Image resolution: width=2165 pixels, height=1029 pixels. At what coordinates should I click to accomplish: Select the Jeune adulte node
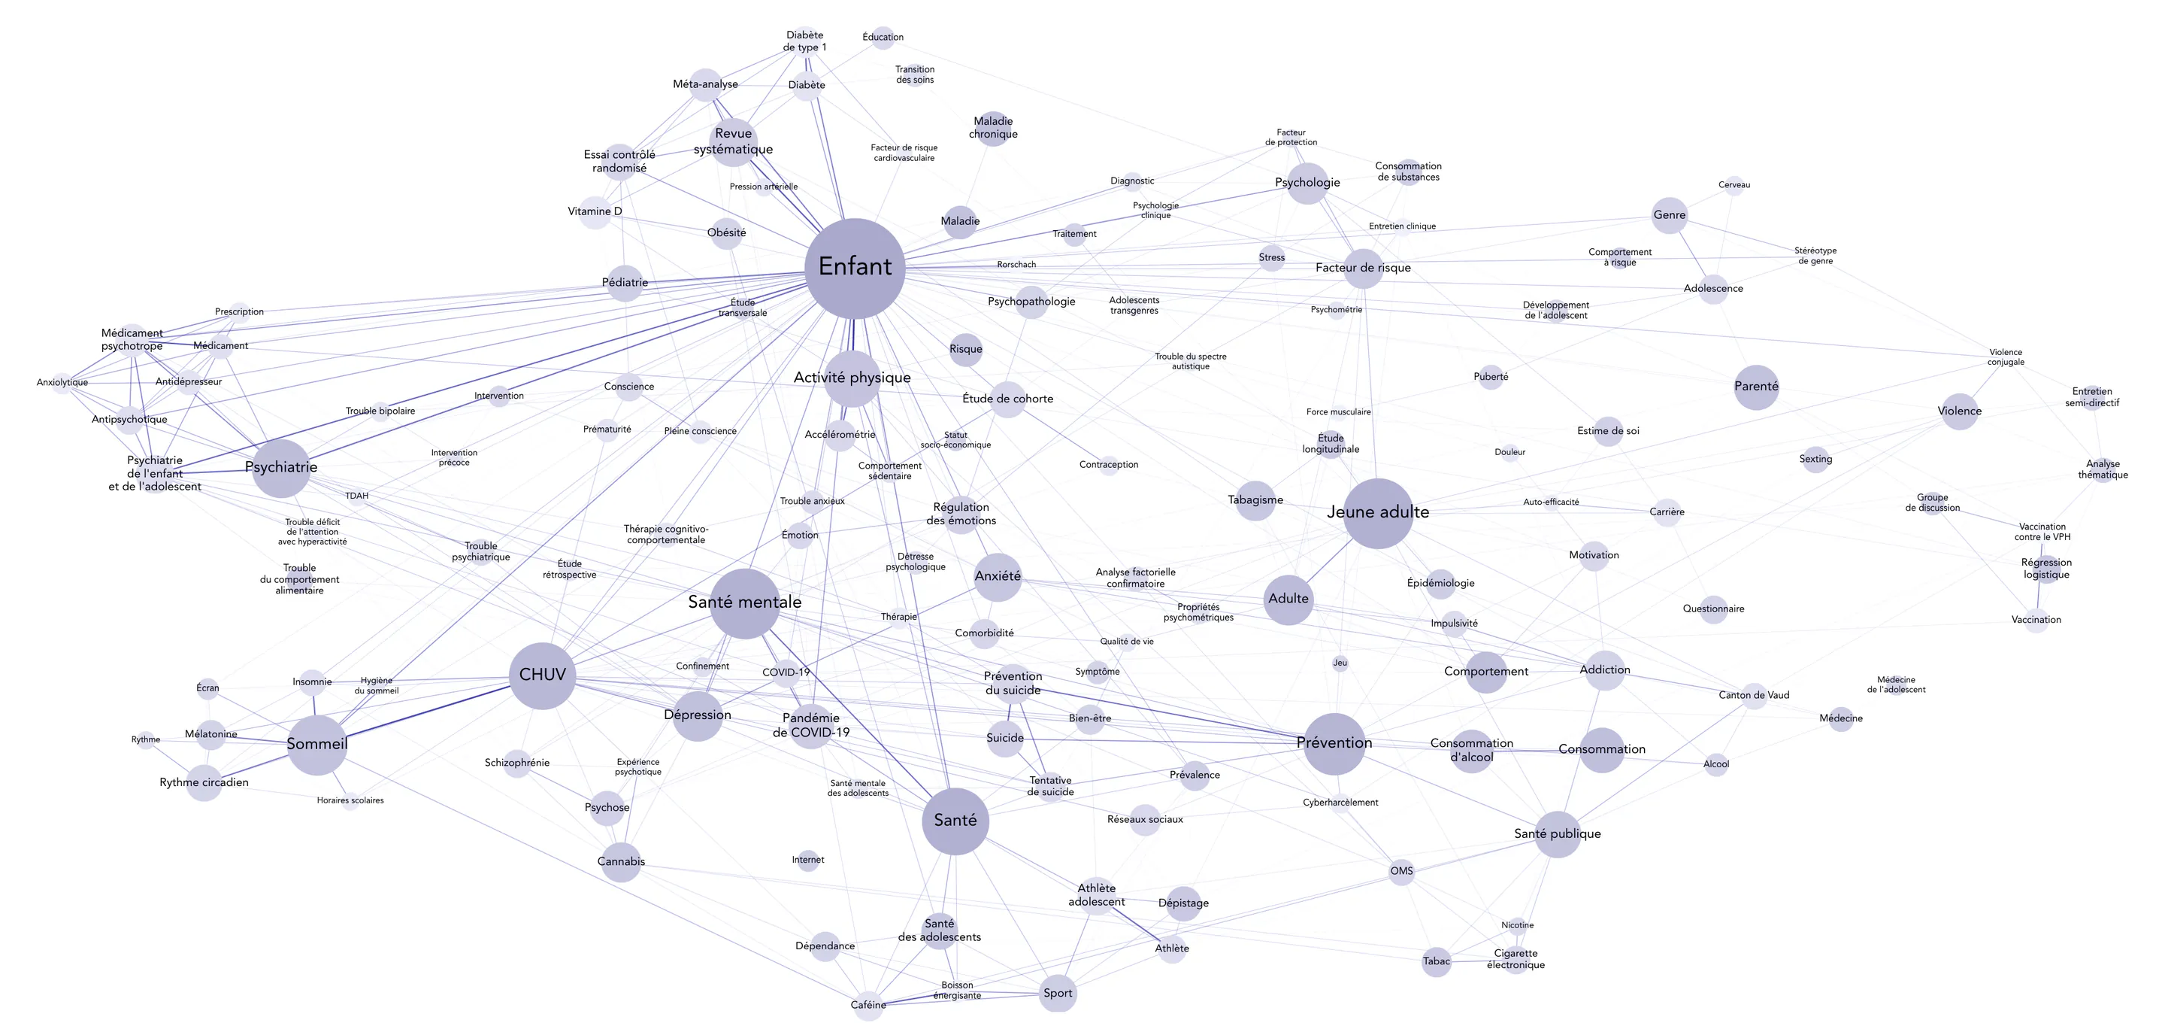(1379, 514)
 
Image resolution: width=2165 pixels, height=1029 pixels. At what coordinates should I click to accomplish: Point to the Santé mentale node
(745, 603)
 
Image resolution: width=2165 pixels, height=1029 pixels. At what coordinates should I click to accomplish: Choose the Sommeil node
(316, 745)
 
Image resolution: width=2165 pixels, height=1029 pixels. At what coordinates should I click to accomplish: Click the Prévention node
(1334, 744)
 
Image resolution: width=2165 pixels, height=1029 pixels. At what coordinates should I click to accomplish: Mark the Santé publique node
(1558, 835)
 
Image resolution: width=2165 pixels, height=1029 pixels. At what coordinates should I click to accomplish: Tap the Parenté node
(1756, 387)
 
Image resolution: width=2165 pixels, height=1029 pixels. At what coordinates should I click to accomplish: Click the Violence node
(1960, 412)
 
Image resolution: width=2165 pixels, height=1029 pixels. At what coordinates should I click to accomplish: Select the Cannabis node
(621, 863)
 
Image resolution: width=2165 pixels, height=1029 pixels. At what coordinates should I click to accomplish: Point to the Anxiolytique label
(62, 383)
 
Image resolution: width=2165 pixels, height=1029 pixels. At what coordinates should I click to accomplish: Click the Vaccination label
(2036, 620)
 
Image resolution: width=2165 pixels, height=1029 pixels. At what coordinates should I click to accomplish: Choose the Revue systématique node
(734, 142)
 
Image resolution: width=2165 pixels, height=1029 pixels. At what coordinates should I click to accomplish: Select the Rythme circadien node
(204, 784)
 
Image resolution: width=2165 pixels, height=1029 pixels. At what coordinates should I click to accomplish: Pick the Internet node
(807, 860)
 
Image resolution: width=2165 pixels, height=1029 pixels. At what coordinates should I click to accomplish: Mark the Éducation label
(883, 37)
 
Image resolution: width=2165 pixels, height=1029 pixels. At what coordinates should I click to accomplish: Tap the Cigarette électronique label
(1516, 959)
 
